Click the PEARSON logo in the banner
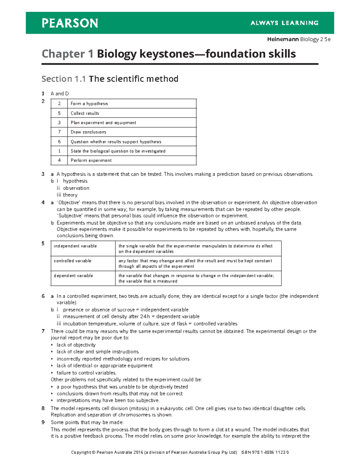tap(70, 23)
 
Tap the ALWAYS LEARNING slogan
tap(284, 23)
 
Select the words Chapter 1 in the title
tap(67, 54)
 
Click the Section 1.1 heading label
tap(64, 79)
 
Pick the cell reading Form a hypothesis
tap(89, 104)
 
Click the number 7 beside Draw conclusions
tap(59, 132)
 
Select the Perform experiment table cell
tap(91, 160)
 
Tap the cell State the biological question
tap(118, 151)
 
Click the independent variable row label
tap(75, 246)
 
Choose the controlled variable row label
tap(73, 261)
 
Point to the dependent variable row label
tap(73, 275)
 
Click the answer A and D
tap(60, 94)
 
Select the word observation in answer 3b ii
tap(76, 188)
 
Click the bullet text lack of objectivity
tap(76, 345)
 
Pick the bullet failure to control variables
tap(86, 373)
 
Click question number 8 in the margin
tap(43, 408)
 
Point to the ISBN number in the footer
tap(265, 452)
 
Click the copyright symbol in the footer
tap(93, 452)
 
